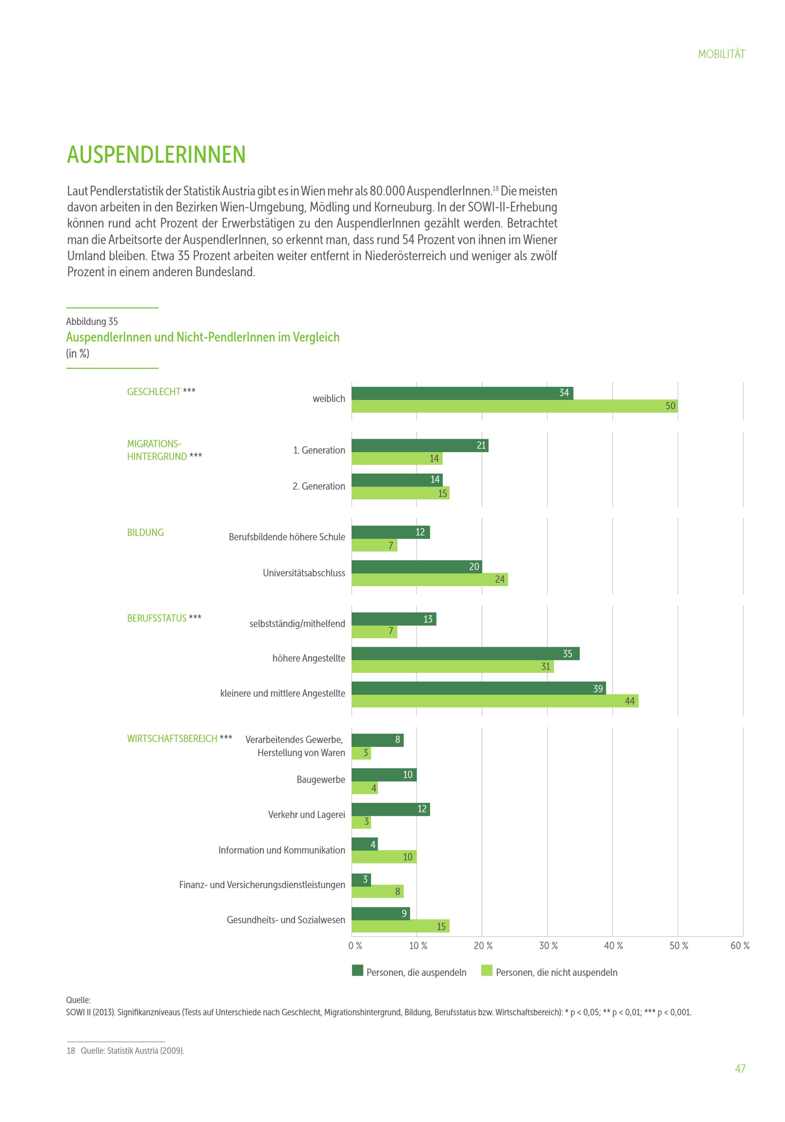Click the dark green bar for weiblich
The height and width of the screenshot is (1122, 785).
pos(462,393)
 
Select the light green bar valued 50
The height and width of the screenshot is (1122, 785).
pos(514,406)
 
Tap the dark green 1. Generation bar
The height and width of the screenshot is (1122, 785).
pos(419,445)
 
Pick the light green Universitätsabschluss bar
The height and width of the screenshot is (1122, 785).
pos(429,579)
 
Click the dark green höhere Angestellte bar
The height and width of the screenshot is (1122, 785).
pos(466,653)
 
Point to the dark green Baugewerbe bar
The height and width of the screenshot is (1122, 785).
pos(384,774)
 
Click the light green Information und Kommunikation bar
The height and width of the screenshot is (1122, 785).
pos(384,857)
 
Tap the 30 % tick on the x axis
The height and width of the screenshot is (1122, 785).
pos(548,945)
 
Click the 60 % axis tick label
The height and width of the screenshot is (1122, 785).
pos(739,945)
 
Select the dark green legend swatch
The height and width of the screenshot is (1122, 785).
pos(357,970)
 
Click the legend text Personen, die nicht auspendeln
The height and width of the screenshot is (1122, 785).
pos(556,973)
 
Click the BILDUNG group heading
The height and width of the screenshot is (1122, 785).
pos(145,533)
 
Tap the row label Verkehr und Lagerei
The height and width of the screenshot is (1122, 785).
pos(306,814)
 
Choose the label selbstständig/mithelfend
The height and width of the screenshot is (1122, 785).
pos(297,623)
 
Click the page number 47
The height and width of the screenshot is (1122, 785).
pos(739,1069)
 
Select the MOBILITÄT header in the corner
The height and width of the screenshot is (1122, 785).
pos(721,54)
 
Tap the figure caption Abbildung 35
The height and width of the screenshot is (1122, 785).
pos(92,322)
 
